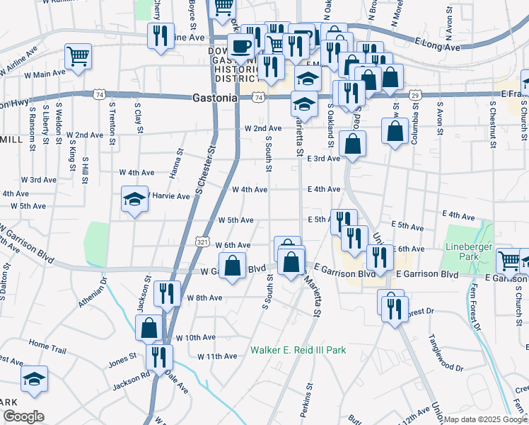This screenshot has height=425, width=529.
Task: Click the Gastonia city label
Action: (214, 99)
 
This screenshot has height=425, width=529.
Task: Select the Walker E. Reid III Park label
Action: (298, 350)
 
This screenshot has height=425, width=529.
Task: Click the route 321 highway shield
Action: (202, 242)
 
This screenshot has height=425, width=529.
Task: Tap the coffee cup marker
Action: (241, 47)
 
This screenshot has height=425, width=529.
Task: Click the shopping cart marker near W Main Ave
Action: (79, 57)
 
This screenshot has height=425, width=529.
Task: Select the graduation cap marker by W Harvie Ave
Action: (134, 200)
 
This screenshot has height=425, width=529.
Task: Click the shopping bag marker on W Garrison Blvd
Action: (232, 266)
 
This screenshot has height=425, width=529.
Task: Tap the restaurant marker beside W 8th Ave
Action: (167, 293)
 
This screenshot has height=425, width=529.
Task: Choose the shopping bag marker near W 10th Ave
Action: (149, 327)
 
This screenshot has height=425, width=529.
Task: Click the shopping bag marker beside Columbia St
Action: (395, 131)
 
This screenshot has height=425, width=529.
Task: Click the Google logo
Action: (23, 416)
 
